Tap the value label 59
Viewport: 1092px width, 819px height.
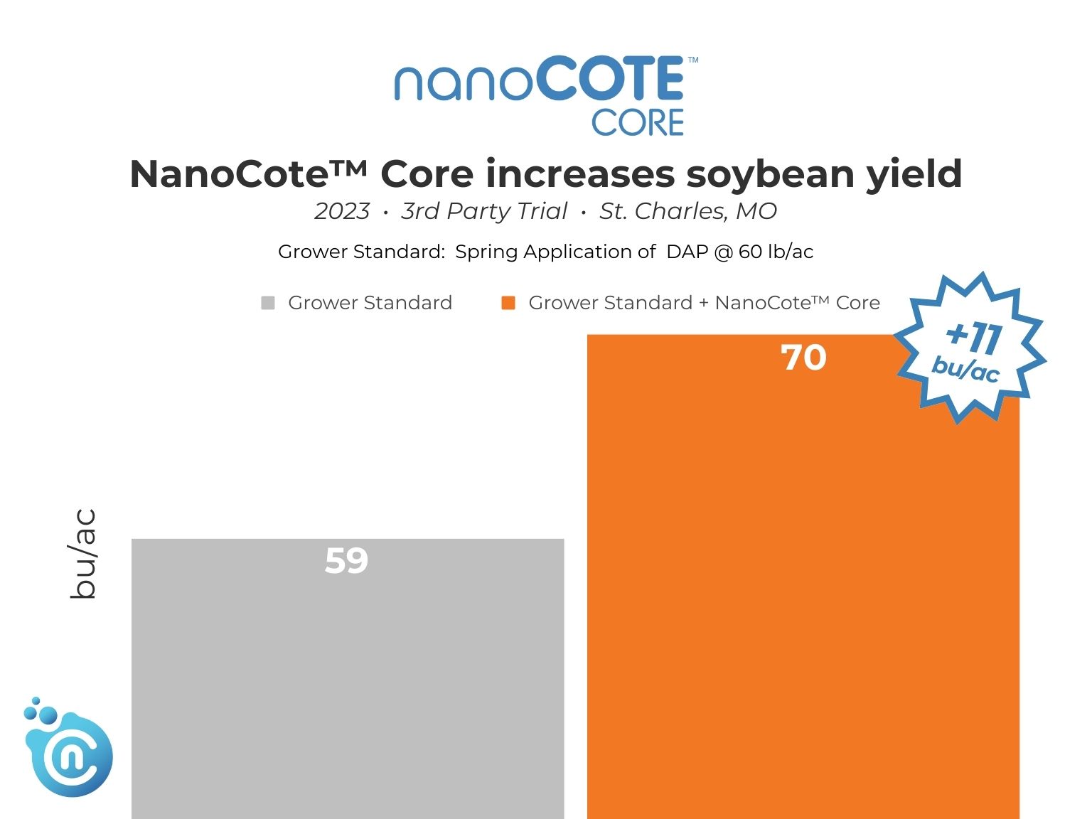[346, 561]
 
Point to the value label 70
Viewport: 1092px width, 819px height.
[803, 358]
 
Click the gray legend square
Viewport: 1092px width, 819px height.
[268, 303]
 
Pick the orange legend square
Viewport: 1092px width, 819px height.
[508, 303]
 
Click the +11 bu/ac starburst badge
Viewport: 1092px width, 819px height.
[970, 349]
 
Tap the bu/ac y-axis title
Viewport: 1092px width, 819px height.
[83, 554]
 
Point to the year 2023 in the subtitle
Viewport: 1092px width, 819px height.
[342, 211]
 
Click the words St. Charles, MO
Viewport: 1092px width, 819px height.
[687, 211]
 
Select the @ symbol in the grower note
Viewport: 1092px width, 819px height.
[724, 252]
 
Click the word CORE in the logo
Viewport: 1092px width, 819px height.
[637, 123]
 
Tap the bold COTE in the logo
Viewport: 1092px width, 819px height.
[611, 80]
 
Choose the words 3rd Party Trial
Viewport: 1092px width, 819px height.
[484, 211]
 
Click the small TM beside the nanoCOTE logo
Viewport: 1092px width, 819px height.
[693, 60]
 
